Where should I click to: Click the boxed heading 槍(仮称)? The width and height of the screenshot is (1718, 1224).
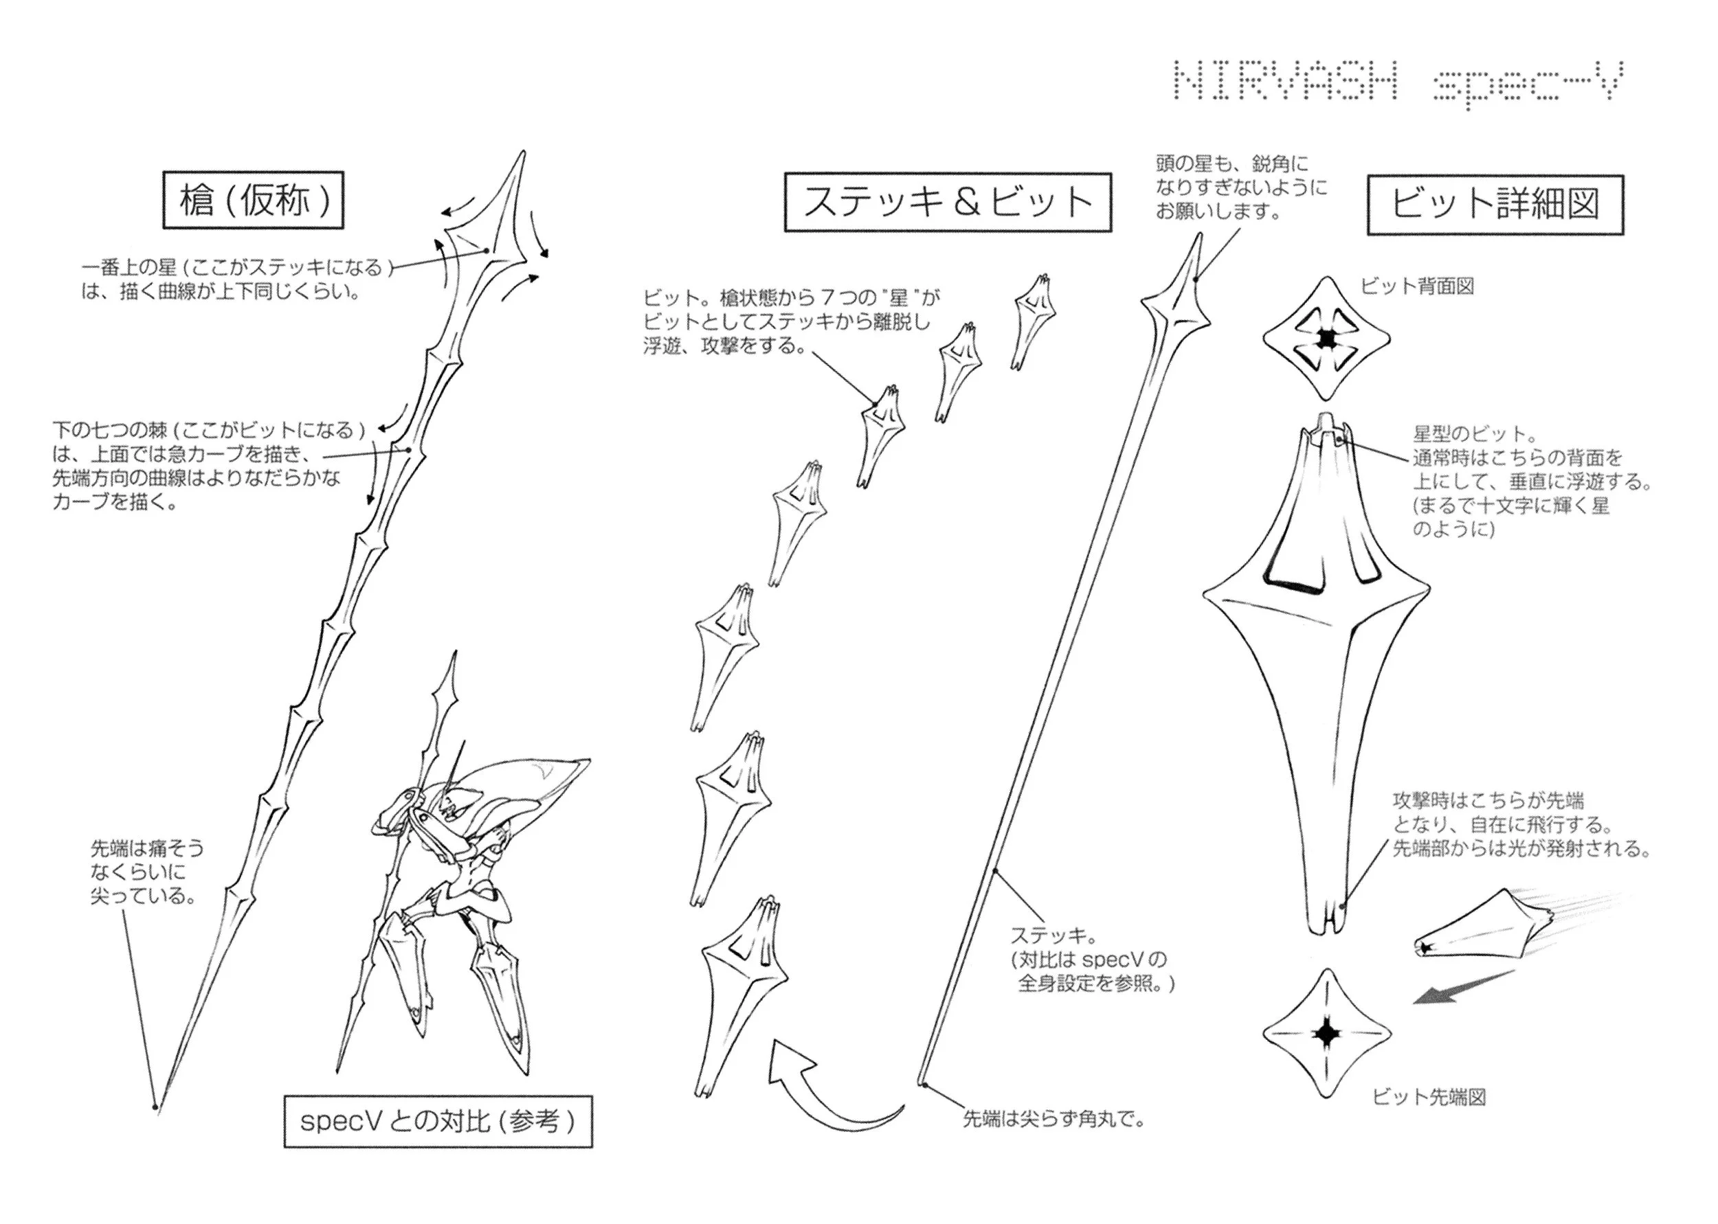point(254,201)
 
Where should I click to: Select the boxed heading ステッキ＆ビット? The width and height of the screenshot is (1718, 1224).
point(948,203)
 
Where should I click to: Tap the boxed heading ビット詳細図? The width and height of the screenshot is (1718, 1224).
point(1495,204)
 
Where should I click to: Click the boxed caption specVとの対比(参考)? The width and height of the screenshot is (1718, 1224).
point(438,1122)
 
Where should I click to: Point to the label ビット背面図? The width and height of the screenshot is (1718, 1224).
point(1417,286)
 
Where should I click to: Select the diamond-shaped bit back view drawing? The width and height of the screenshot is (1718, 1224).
point(1327,339)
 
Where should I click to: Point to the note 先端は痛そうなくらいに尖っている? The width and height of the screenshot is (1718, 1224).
point(147,872)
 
